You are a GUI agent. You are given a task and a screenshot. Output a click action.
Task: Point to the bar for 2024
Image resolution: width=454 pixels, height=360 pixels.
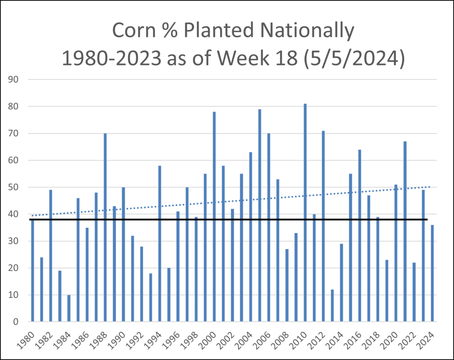click(432, 273)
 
